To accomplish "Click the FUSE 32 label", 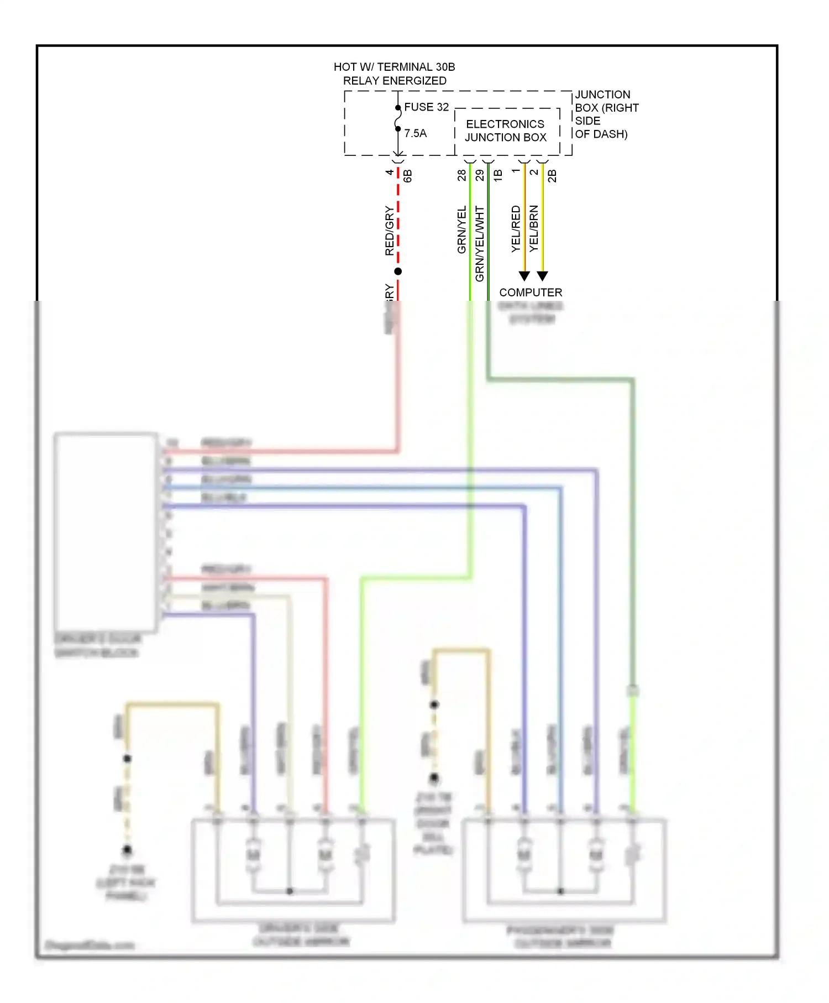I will (x=426, y=107).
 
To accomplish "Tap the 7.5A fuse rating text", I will (x=415, y=133).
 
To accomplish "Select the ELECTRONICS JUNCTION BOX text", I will (x=505, y=131).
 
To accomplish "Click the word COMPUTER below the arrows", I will (x=531, y=292).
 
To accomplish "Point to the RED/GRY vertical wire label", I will (x=390, y=231).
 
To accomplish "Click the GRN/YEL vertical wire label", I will (x=461, y=230).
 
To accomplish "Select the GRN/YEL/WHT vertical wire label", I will (x=479, y=244).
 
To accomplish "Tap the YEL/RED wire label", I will (x=516, y=229).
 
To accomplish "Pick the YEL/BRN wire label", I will (x=533, y=229).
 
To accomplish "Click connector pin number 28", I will (x=461, y=175).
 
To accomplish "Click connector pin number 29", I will (x=479, y=175).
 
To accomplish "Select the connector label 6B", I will (x=407, y=176).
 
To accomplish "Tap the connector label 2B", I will (x=552, y=176).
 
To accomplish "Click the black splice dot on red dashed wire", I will (x=398, y=271).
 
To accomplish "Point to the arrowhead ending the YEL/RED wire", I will (x=524, y=275).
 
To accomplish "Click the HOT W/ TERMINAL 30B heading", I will (x=394, y=67).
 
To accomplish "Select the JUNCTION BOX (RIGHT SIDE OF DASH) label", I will (x=606, y=114).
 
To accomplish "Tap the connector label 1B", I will (x=497, y=176).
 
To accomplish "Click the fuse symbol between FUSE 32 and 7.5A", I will (x=398, y=118).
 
